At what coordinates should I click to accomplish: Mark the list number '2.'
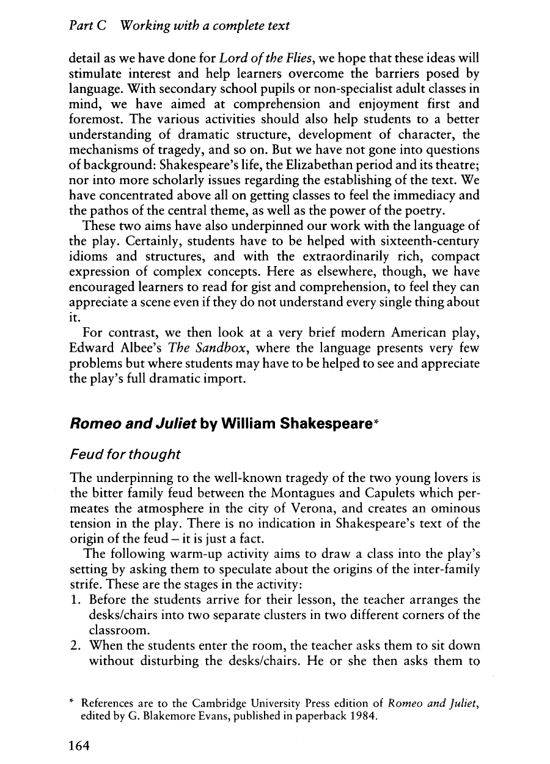click(x=76, y=645)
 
